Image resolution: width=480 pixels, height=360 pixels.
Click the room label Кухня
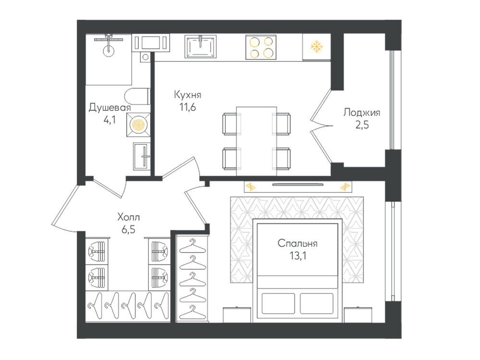point(187,95)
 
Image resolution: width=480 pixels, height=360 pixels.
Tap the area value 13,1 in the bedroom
point(298,256)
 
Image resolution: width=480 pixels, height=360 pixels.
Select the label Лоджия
point(361,113)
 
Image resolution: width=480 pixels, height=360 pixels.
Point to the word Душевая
point(109,108)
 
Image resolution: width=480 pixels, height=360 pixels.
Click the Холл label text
point(129,217)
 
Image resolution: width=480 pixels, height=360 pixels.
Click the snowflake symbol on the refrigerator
point(316,47)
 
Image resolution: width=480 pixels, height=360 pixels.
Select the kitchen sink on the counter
point(200,46)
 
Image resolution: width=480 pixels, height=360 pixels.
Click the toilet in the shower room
point(137,96)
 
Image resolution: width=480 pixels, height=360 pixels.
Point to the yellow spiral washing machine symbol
point(138,124)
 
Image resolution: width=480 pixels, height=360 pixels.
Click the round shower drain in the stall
point(108,50)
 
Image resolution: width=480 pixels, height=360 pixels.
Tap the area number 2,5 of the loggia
point(362,125)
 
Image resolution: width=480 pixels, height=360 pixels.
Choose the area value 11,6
point(187,108)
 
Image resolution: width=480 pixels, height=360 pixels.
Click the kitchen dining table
point(256,141)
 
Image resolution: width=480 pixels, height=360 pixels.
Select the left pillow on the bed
point(278,303)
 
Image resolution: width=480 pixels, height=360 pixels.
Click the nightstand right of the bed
point(358,315)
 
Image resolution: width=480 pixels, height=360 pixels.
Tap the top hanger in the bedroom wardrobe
point(192,246)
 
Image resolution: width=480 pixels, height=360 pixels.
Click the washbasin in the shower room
point(142,156)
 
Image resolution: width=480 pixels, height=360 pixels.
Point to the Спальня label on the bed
point(297,243)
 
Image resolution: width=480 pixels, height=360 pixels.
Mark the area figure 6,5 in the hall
point(128,229)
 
